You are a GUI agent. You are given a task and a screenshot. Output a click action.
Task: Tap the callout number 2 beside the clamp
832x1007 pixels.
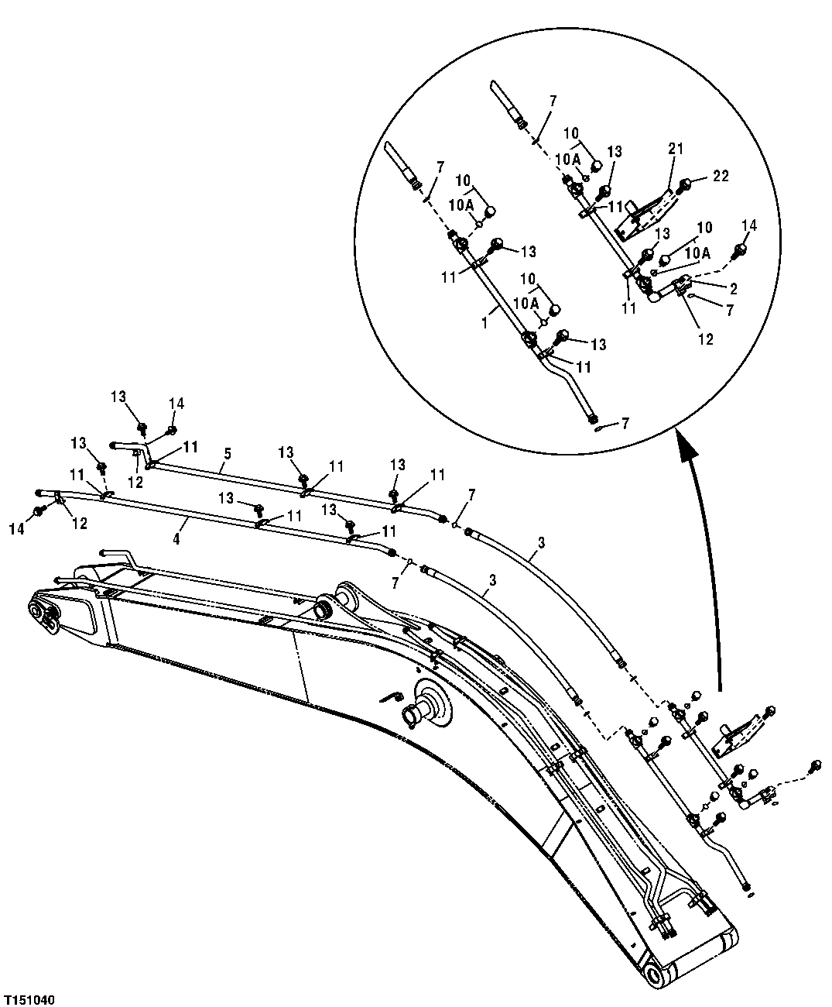[732, 288]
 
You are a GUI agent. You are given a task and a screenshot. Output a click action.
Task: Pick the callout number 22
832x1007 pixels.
[721, 177]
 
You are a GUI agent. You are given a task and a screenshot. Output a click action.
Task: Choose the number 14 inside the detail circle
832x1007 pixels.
[749, 226]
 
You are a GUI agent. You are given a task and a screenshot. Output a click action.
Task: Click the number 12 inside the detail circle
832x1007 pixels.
[705, 338]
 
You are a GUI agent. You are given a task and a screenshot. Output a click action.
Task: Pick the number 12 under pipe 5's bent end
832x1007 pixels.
[136, 481]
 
